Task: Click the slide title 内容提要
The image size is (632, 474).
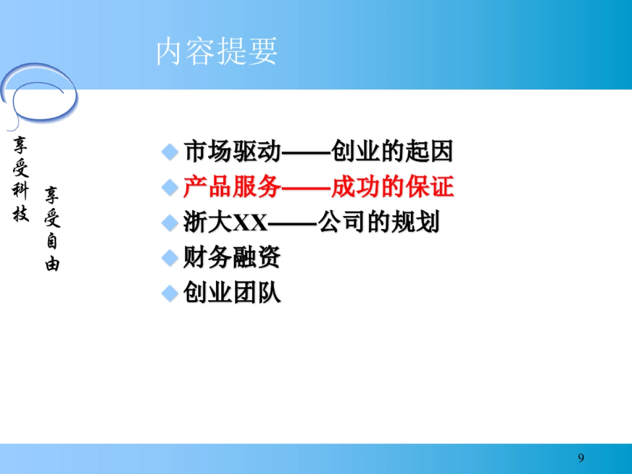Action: coord(217,52)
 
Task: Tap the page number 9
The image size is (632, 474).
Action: coord(581,458)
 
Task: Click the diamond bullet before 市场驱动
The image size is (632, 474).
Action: coord(170,153)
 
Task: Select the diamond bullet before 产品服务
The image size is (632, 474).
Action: coord(170,187)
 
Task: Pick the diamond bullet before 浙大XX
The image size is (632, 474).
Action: coord(170,223)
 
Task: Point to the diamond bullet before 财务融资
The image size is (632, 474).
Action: coord(170,258)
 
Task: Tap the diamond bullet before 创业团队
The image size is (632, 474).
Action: coord(170,293)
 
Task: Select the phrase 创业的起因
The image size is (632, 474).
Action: coord(392,152)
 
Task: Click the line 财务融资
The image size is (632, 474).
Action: coord(232,258)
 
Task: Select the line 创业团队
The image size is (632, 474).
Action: coord(232,293)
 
